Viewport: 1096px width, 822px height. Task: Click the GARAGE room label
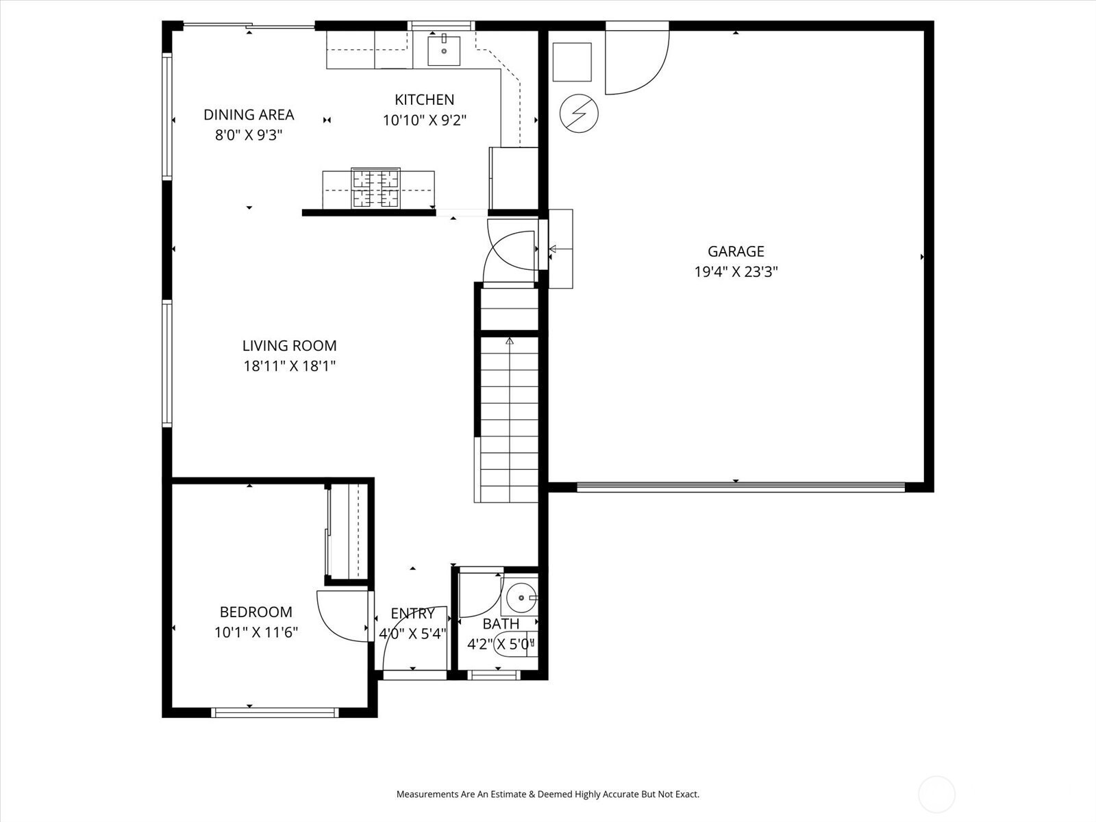click(736, 251)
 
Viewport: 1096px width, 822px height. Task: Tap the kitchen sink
click(444, 51)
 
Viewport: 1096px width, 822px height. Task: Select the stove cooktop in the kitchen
click(376, 188)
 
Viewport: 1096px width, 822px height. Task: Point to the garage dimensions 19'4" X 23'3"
click(736, 272)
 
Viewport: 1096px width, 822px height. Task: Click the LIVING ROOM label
click(290, 345)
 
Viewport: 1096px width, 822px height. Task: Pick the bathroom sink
click(520, 597)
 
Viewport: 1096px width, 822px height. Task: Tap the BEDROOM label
click(256, 612)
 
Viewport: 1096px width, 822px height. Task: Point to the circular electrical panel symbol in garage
click(579, 113)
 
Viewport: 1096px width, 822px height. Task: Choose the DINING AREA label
click(249, 115)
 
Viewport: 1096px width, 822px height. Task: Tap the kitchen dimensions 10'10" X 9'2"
click(425, 121)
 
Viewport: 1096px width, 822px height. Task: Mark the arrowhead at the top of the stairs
click(510, 341)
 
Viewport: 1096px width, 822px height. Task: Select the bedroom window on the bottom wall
click(275, 712)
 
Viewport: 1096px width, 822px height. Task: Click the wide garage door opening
click(741, 487)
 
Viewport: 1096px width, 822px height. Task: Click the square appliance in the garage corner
click(572, 62)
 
